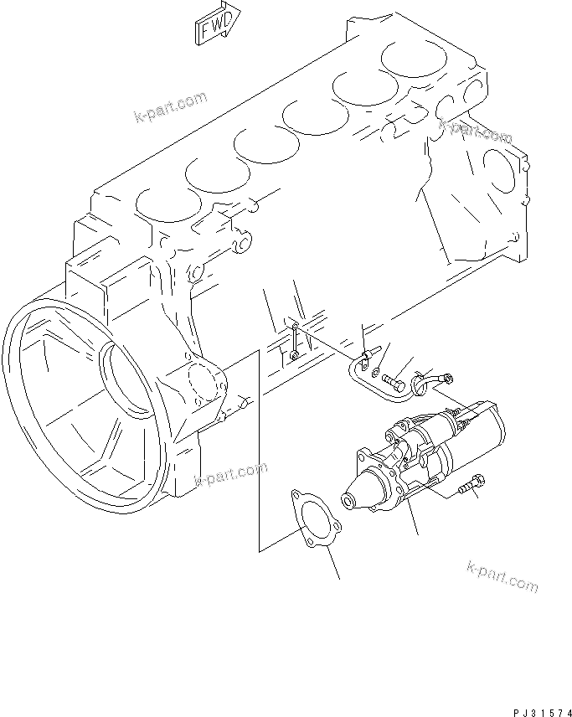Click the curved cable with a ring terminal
click(x=430, y=381)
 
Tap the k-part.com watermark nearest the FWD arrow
click(x=170, y=106)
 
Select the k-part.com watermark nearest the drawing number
click(x=502, y=578)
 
